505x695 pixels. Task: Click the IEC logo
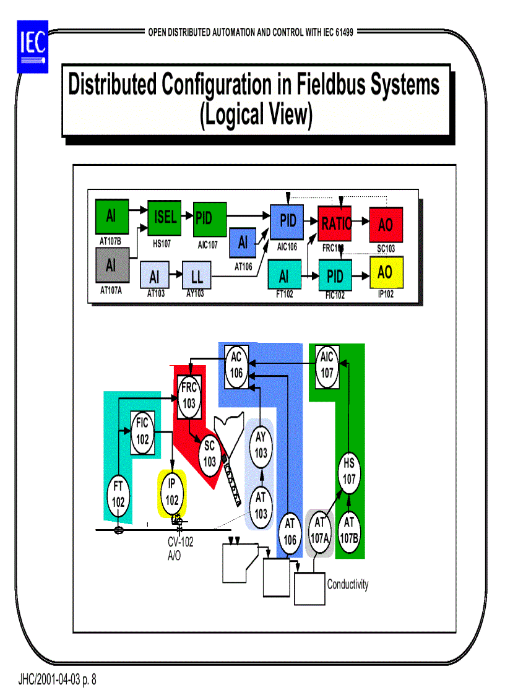click(32, 45)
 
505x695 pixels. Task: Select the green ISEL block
click(164, 218)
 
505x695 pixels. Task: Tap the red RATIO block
click(335, 223)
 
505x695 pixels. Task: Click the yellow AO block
click(385, 272)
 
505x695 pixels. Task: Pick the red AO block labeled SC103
click(385, 224)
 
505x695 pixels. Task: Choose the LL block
click(196, 277)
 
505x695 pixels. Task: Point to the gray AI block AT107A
click(111, 265)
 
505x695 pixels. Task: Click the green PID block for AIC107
click(210, 218)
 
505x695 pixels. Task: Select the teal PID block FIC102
click(335, 276)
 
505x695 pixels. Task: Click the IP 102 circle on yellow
click(172, 493)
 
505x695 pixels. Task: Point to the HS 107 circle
click(350, 472)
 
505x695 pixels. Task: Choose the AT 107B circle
click(349, 530)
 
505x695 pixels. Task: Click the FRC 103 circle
click(189, 395)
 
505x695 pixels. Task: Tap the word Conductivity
click(347, 584)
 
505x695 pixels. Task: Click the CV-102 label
click(180, 543)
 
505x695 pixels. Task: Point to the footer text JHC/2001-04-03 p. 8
click(57, 680)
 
